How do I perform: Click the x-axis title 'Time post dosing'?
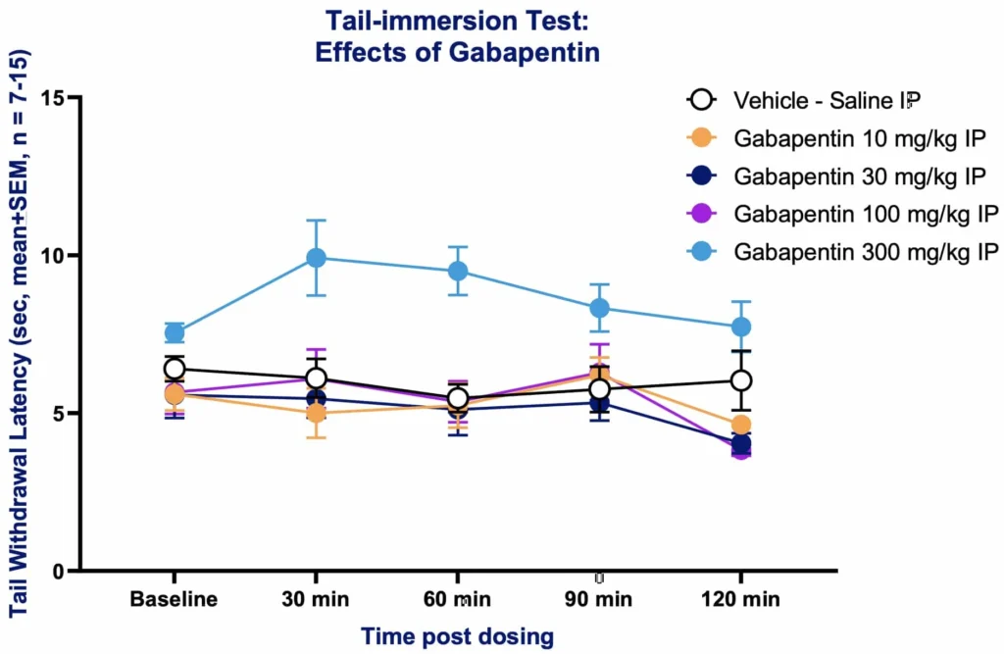pyautogui.click(x=458, y=636)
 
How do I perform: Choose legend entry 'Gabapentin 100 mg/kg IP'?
pyautogui.click(x=841, y=214)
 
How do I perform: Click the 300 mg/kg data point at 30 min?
pyautogui.click(x=316, y=258)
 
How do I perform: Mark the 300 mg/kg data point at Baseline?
pyautogui.click(x=175, y=332)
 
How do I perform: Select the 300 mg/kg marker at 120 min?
pyautogui.click(x=740, y=327)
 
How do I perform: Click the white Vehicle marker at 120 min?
pyautogui.click(x=740, y=380)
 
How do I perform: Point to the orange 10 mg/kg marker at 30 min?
pyautogui.click(x=316, y=413)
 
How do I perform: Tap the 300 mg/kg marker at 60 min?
pyautogui.click(x=457, y=271)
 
